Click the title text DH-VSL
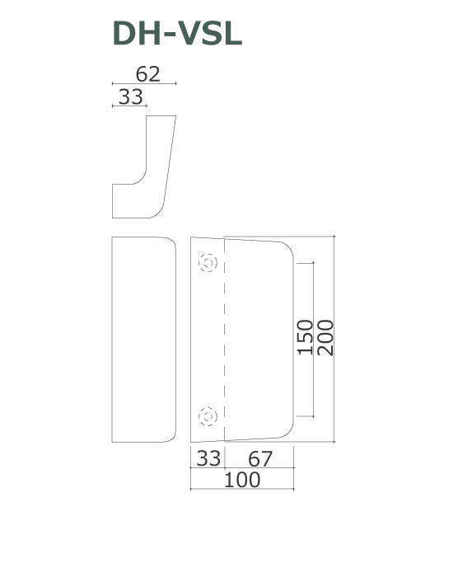pos(177,35)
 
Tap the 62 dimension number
pos(148,73)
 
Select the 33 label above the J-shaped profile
pos(130,96)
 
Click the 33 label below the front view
pos(207,458)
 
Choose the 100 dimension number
pos(242,480)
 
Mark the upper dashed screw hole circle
pos(208,264)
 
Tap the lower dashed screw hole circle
pos(208,416)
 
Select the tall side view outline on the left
pos(143,340)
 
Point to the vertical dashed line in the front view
pos(224,338)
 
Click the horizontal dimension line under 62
pos(143,84)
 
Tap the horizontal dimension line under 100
pos(242,490)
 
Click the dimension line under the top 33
pos(128,106)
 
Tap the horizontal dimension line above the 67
pos(259,468)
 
